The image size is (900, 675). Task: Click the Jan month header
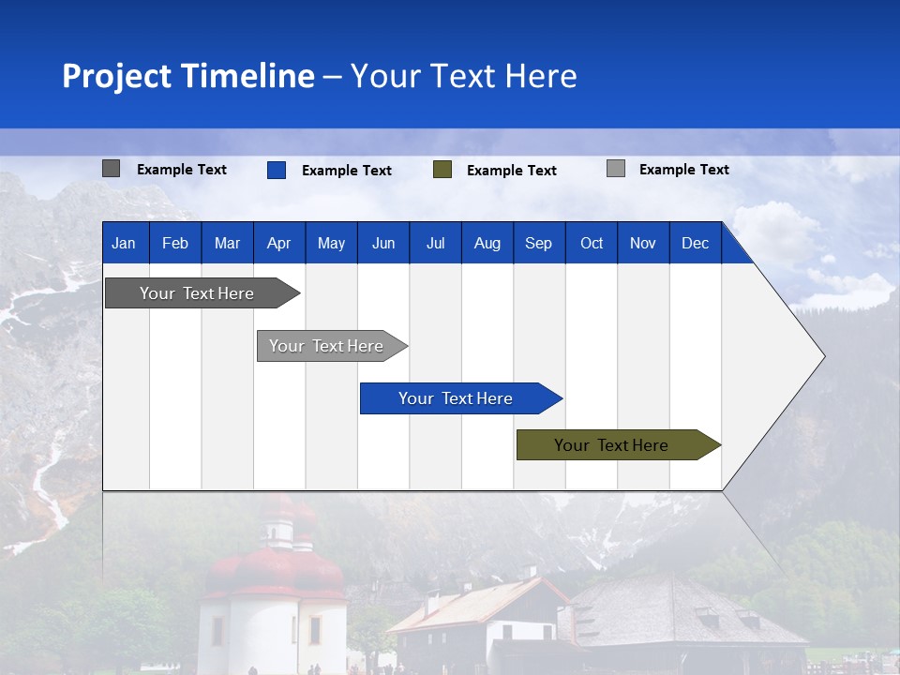click(x=125, y=243)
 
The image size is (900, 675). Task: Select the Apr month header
click(x=278, y=243)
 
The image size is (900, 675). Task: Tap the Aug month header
click(x=487, y=243)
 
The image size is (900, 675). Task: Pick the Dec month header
click(x=695, y=243)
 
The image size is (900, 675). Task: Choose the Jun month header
click(x=382, y=243)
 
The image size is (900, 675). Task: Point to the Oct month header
click(x=591, y=243)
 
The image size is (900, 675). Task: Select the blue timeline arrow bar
click(x=457, y=398)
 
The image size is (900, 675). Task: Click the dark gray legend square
click(x=111, y=169)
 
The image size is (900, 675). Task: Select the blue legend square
click(x=276, y=170)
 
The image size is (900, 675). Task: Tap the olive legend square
click(x=442, y=170)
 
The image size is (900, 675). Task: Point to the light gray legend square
click(x=615, y=169)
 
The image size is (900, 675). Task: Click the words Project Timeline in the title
click(x=187, y=75)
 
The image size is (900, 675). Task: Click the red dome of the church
click(x=274, y=567)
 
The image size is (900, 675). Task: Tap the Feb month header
click(x=174, y=243)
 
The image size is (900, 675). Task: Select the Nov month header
click(x=642, y=243)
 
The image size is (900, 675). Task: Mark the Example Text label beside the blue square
click(x=346, y=171)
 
